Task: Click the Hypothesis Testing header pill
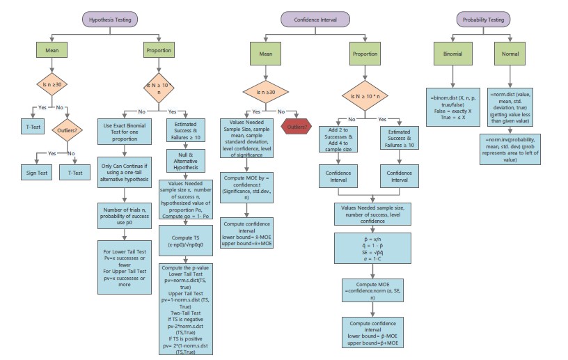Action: pos(109,19)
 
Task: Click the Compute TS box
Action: pos(187,242)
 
